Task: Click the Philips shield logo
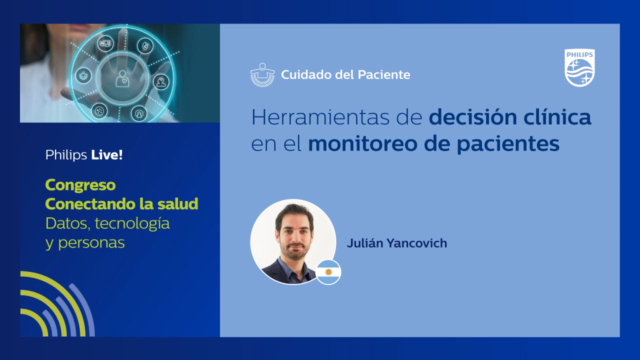click(x=579, y=67)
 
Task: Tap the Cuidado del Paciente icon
click(x=262, y=75)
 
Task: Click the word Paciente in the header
click(x=384, y=75)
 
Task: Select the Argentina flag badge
click(x=328, y=272)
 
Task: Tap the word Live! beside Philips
click(x=107, y=155)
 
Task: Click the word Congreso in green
click(x=80, y=185)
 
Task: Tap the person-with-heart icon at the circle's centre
click(x=121, y=78)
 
